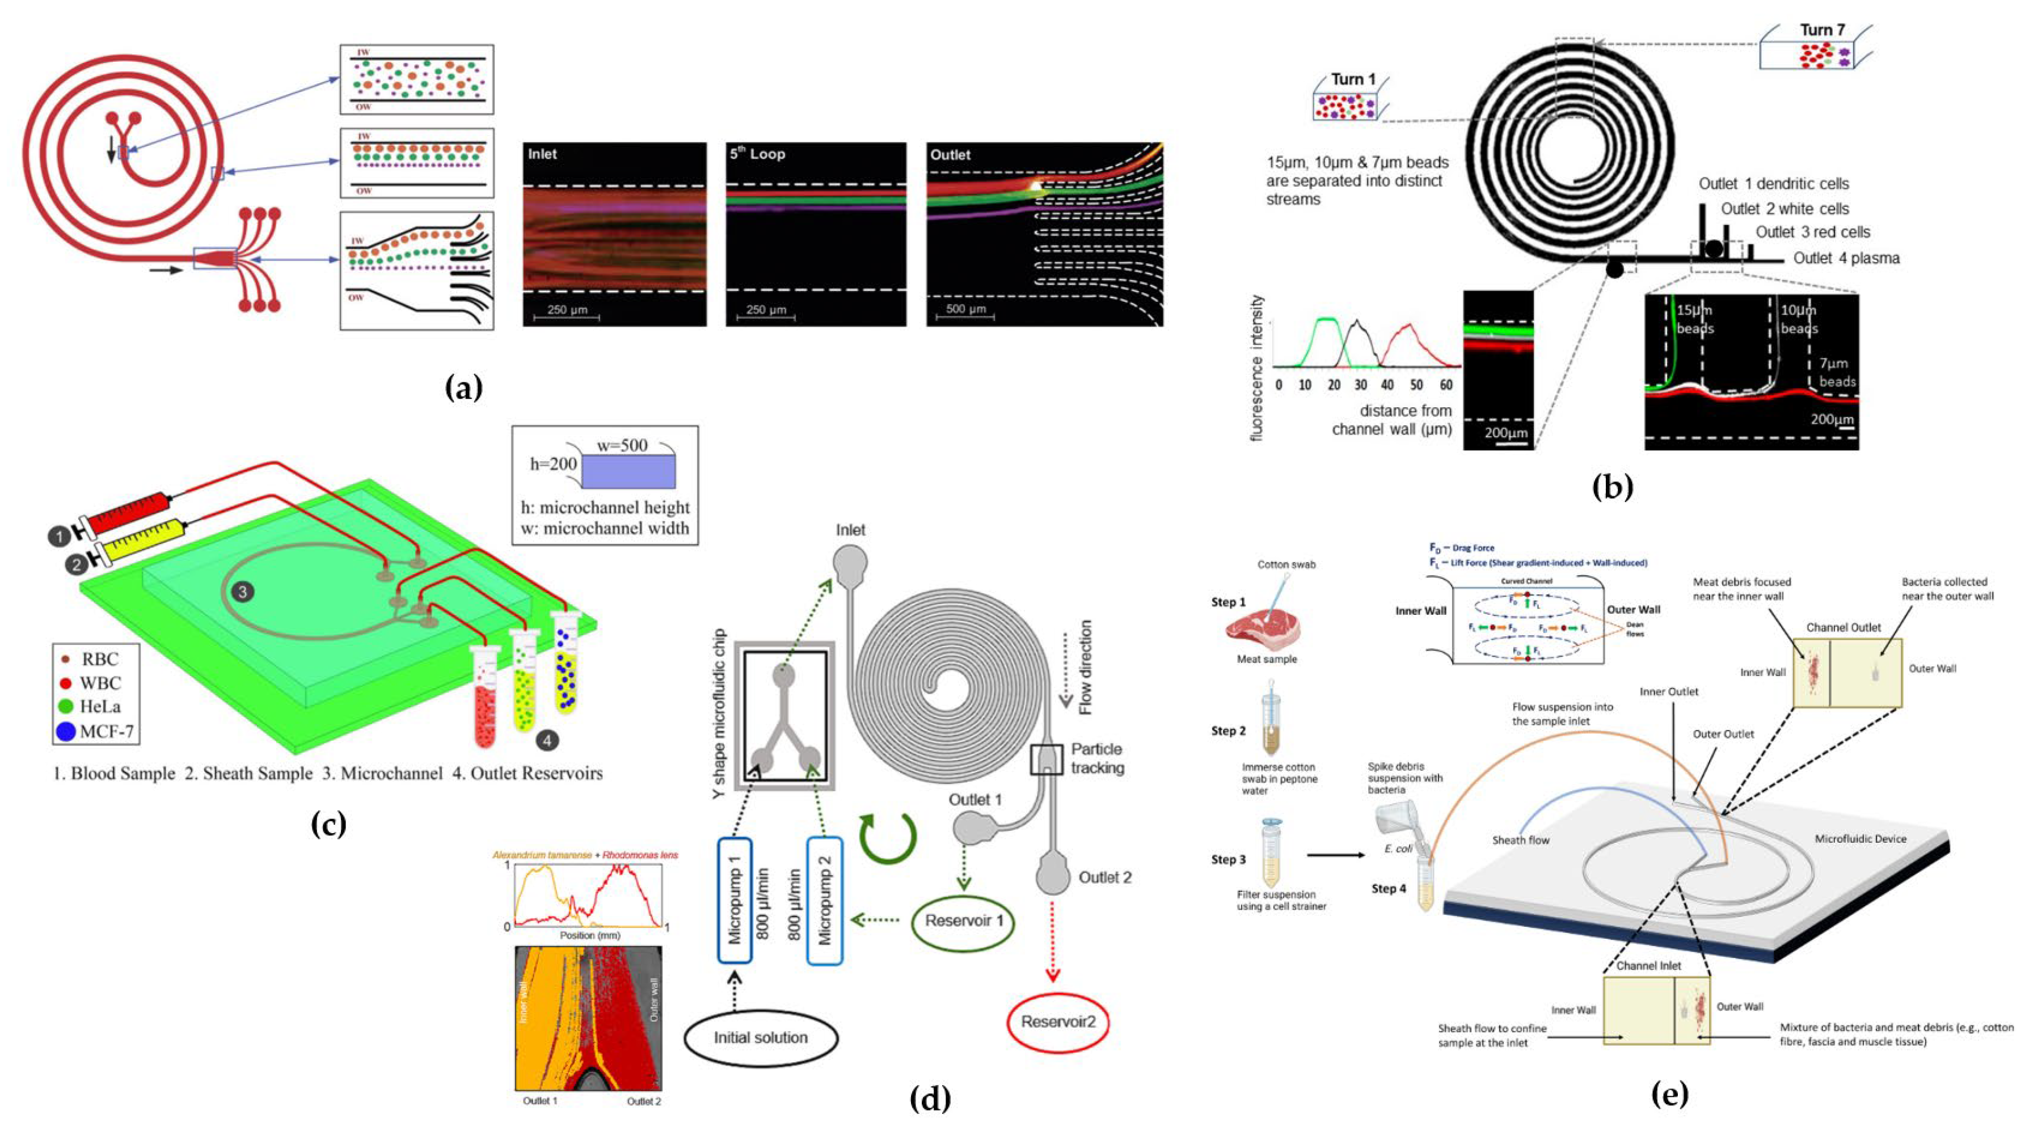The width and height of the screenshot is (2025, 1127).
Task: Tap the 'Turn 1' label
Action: pos(1353,80)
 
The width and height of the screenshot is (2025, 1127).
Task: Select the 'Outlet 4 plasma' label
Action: pos(1846,258)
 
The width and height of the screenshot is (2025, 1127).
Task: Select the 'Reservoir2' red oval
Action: pos(1057,1022)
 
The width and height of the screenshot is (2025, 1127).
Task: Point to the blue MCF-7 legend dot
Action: pos(66,732)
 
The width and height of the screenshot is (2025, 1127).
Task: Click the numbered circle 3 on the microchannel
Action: pos(243,592)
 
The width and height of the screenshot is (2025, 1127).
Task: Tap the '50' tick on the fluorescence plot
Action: pos(1416,385)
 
